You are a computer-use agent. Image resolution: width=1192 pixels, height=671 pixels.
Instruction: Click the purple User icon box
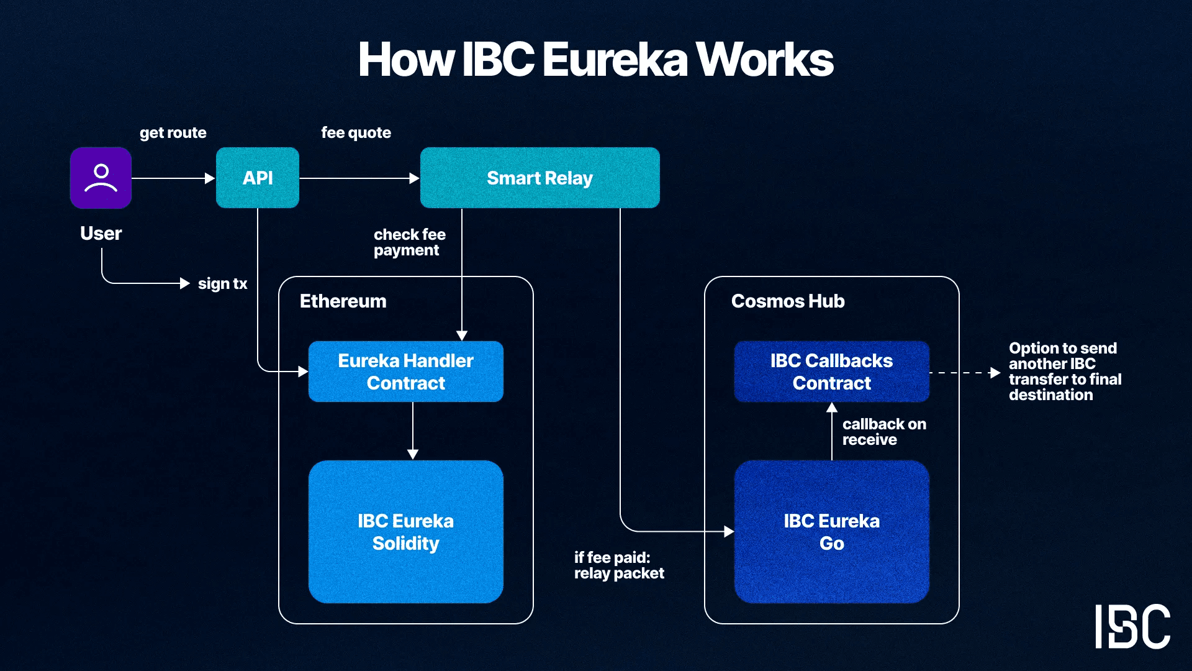pos(101,178)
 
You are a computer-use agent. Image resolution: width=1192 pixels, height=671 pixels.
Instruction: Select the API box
pos(258,178)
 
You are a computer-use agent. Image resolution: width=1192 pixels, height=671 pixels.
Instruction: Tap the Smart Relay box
pos(540,178)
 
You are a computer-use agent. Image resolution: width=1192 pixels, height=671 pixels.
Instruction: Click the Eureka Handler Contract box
pos(405,372)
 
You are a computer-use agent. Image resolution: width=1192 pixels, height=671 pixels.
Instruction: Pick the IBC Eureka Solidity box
pos(405,532)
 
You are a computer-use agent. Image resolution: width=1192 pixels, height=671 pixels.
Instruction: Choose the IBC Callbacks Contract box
pos(831,372)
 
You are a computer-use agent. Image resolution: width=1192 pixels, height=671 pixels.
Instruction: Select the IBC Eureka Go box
pos(831,532)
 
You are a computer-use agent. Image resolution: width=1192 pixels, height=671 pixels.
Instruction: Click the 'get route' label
pos(173,132)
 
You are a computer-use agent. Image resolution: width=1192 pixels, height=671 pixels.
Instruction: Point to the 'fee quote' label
pos(356,132)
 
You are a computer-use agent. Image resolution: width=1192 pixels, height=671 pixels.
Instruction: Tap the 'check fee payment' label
pos(409,242)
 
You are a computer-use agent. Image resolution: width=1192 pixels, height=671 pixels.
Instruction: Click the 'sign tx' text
pos(222,284)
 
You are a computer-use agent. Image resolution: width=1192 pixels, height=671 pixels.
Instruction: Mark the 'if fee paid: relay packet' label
pos(618,565)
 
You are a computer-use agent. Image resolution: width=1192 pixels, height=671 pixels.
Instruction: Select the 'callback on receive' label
pos(883,432)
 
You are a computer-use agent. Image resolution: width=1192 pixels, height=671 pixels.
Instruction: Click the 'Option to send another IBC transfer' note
pos(1065,372)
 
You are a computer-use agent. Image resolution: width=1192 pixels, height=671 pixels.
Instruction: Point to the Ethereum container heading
pos(343,301)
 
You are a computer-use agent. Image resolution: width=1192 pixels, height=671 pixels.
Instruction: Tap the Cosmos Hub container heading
pos(787,301)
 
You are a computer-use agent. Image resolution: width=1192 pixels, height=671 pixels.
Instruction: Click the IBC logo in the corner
pos(1132,626)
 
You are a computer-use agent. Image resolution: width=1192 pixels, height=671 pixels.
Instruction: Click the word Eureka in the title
pos(615,60)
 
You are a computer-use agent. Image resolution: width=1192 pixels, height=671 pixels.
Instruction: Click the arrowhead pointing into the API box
pos(210,178)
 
